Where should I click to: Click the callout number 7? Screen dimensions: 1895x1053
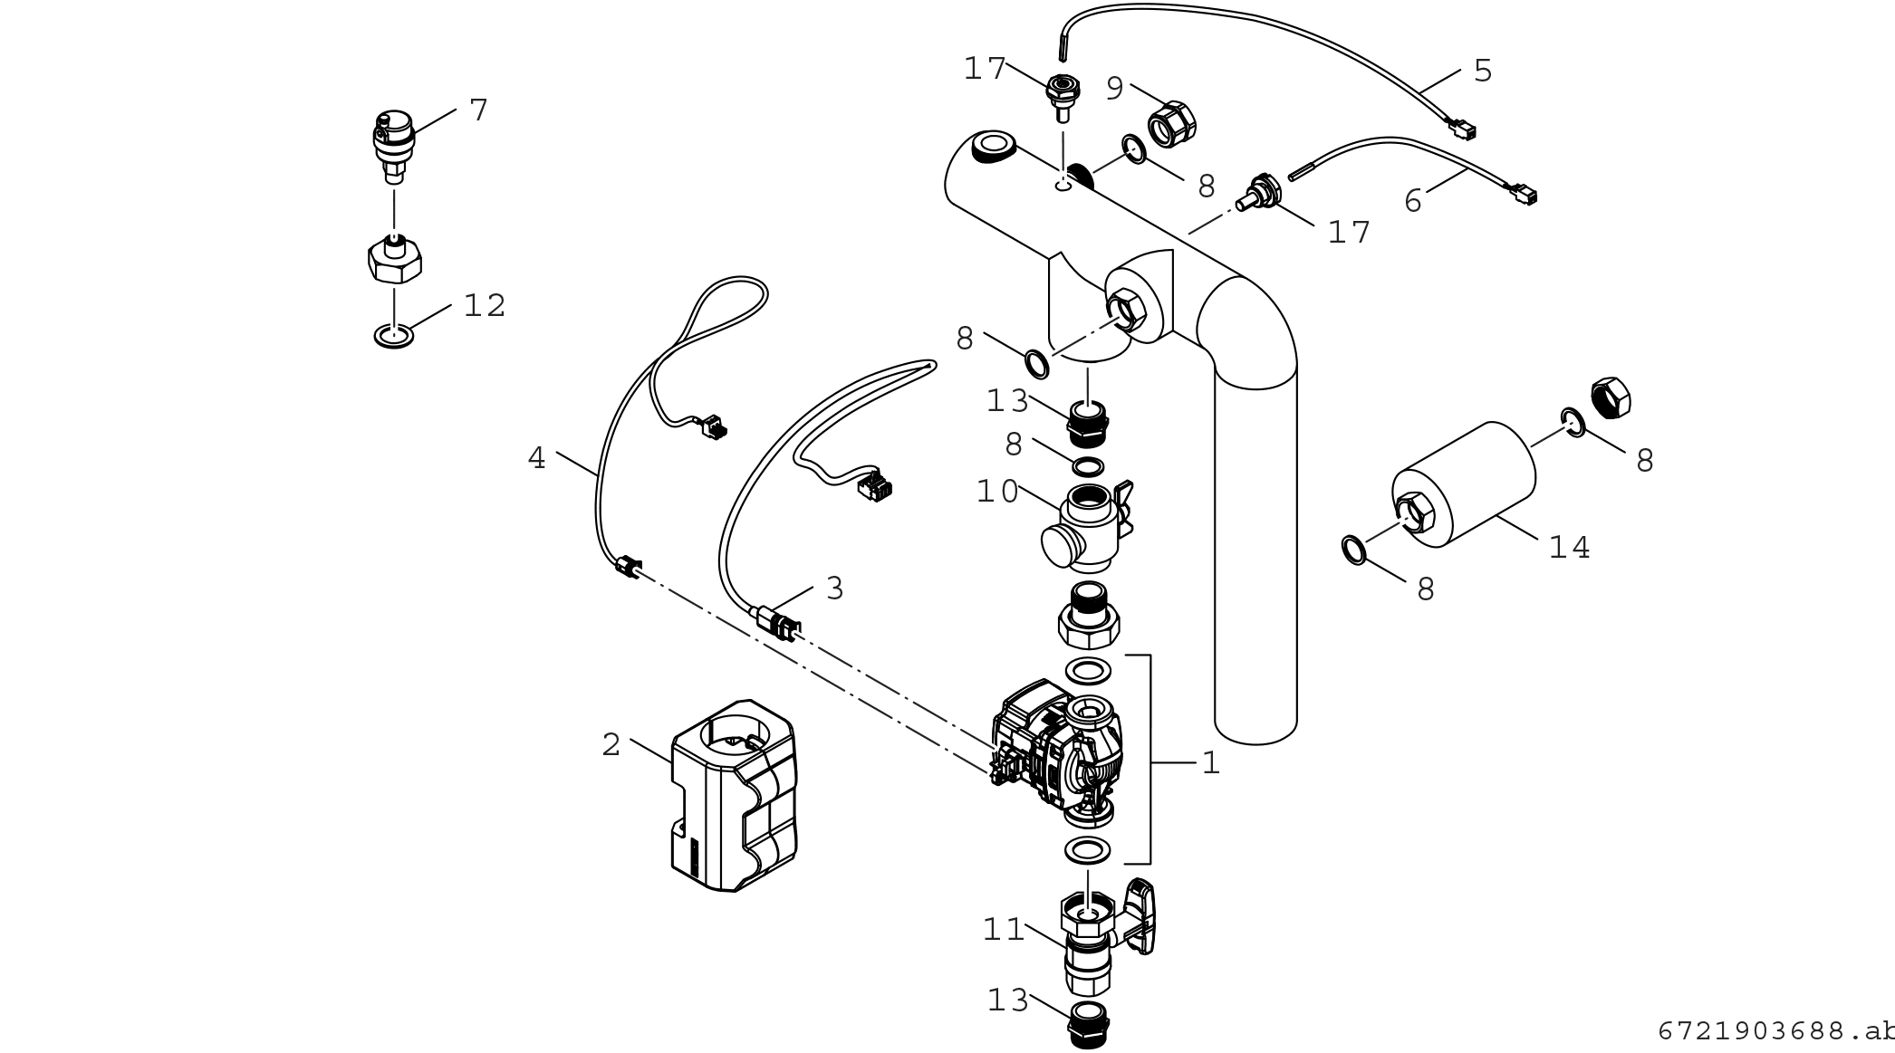click(478, 110)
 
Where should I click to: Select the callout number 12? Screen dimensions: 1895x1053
click(485, 306)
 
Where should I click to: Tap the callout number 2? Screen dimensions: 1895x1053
click(611, 745)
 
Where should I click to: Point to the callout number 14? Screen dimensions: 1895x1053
click(1570, 548)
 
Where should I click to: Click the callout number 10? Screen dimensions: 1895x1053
click(997, 492)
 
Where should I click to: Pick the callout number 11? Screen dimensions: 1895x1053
click(1004, 930)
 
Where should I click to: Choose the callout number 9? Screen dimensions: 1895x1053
click(1115, 88)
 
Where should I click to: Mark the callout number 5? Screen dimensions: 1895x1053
click(1483, 71)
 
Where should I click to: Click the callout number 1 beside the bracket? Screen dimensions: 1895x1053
click(1211, 763)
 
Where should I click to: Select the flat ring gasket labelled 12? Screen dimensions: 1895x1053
click(394, 336)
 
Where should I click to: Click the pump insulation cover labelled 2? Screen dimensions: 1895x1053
click(735, 795)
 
